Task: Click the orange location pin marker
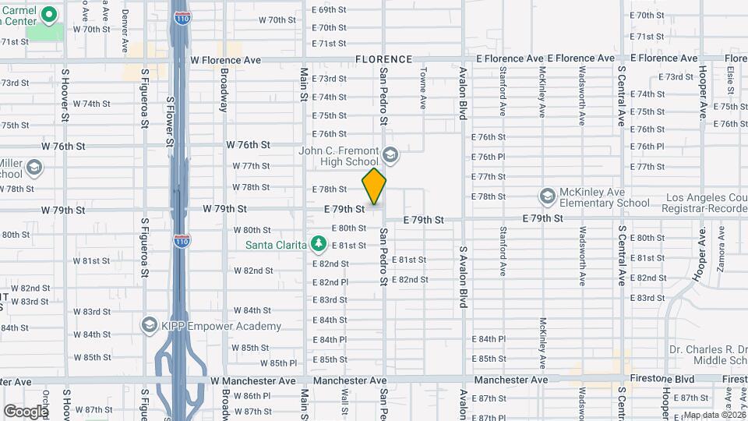click(374, 186)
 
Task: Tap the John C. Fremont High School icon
click(390, 155)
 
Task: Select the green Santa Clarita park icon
click(318, 244)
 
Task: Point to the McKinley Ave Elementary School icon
click(547, 196)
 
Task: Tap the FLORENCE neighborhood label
click(383, 59)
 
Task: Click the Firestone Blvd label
click(690, 379)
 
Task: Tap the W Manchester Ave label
click(253, 381)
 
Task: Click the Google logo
click(25, 411)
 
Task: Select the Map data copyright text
click(714, 414)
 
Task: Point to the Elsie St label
click(730, 77)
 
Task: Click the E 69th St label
click(328, 10)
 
